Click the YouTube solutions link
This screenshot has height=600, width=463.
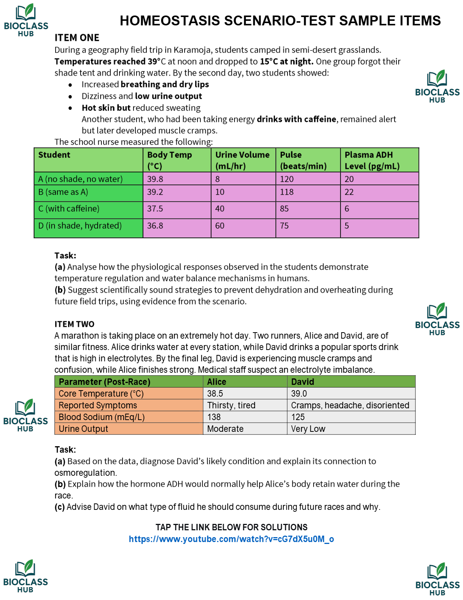coord(231,539)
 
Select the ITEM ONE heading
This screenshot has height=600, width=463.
coord(77,38)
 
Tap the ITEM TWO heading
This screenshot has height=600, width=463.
coord(74,324)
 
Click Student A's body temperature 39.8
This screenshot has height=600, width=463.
coord(155,179)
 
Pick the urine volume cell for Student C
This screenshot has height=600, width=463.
coord(220,209)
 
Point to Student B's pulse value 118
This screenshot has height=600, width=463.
coord(287,192)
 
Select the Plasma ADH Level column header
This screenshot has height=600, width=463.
coord(372,160)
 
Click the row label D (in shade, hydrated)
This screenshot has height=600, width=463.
coord(80,226)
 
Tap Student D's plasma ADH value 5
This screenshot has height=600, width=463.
coord(347,226)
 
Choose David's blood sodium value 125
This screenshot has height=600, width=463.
coord(298,417)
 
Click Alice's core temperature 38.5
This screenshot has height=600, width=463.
coord(215,394)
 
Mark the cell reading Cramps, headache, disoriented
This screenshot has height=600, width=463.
coord(350,405)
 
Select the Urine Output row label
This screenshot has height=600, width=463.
coord(83,429)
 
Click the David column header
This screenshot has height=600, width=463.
coord(303,382)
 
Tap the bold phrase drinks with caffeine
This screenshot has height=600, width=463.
coord(296,119)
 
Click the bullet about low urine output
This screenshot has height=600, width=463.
coord(142,96)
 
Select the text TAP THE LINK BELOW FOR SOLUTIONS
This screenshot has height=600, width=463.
coord(231,527)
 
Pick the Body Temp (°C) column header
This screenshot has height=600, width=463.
coord(169,160)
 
